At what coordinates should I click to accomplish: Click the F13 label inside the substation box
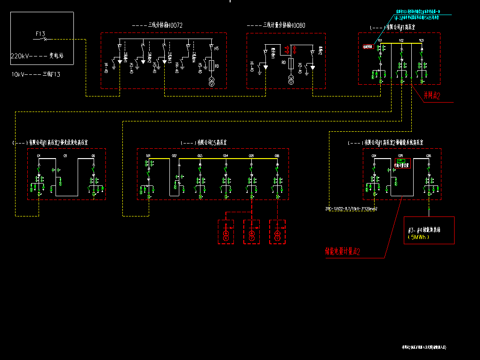[40, 34]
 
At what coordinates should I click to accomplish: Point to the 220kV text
[20, 56]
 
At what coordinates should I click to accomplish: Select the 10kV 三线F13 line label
[36, 74]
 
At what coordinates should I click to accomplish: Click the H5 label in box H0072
[216, 48]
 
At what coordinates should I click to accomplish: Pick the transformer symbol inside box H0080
[291, 80]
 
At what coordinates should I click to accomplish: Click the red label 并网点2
[432, 96]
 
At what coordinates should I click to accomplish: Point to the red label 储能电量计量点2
[342, 252]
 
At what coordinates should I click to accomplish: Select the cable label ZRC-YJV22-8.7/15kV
[352, 208]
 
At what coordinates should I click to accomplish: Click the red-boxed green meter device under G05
[402, 163]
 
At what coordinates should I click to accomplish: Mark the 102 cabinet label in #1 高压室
[401, 41]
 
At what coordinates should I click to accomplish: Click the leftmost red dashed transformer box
[226, 232]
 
